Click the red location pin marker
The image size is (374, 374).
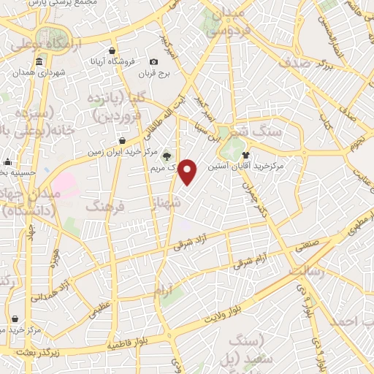188,172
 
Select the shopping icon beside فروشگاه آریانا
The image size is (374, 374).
111,51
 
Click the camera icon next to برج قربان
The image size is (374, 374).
153,62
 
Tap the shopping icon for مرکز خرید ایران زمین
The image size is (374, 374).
121,140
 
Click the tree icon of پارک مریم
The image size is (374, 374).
166,155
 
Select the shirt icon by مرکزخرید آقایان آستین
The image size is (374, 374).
245,155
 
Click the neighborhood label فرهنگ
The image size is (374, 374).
106,207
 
